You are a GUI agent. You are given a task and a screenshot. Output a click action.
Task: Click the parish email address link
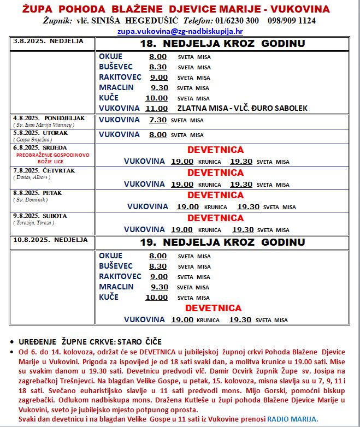click(180, 31)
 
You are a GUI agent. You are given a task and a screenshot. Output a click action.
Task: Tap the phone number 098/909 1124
click(292, 21)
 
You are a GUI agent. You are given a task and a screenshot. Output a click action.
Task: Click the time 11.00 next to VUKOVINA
click(156, 108)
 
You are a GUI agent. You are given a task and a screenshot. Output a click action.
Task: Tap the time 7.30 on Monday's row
click(157, 120)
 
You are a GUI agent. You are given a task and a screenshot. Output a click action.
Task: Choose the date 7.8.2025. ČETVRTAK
click(43, 170)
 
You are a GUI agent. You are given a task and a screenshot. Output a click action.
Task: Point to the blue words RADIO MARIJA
click(292, 418)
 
